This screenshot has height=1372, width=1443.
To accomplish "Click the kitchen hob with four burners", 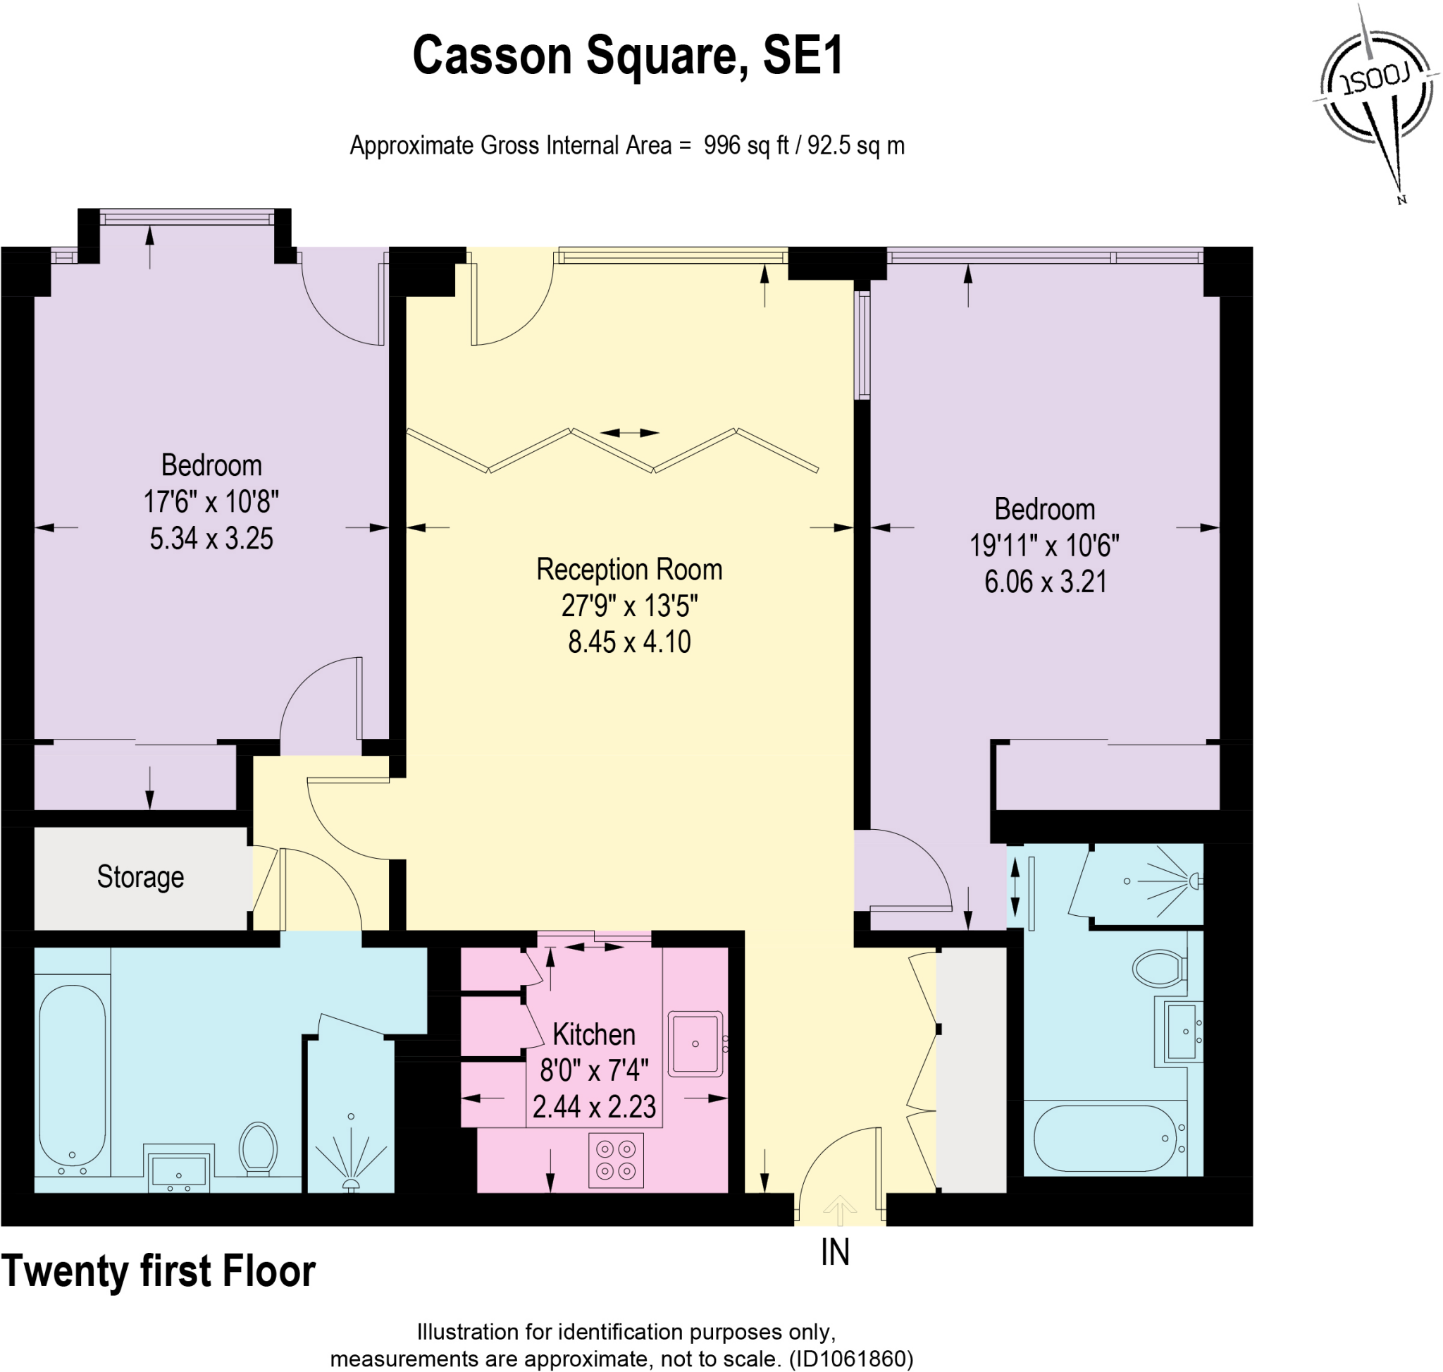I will point(616,1160).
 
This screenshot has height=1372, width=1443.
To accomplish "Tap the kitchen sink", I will point(695,1043).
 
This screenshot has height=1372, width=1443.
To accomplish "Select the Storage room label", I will point(140,876).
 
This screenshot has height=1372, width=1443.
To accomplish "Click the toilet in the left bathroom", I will point(258,1148).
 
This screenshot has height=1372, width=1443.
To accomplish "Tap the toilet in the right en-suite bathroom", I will point(1158,968).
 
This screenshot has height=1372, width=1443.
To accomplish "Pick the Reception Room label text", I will point(628,570).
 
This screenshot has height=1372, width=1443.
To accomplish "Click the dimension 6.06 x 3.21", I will point(1045,582).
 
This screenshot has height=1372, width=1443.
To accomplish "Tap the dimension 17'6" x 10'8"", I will point(211,502).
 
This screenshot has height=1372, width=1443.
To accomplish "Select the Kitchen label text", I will point(593,1034).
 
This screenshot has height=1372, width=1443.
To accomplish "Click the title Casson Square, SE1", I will point(628,56).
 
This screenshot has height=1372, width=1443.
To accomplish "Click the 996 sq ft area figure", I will point(745,145).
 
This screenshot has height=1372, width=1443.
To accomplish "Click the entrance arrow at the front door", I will point(840,1210).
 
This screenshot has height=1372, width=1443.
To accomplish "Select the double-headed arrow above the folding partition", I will point(629,433).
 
